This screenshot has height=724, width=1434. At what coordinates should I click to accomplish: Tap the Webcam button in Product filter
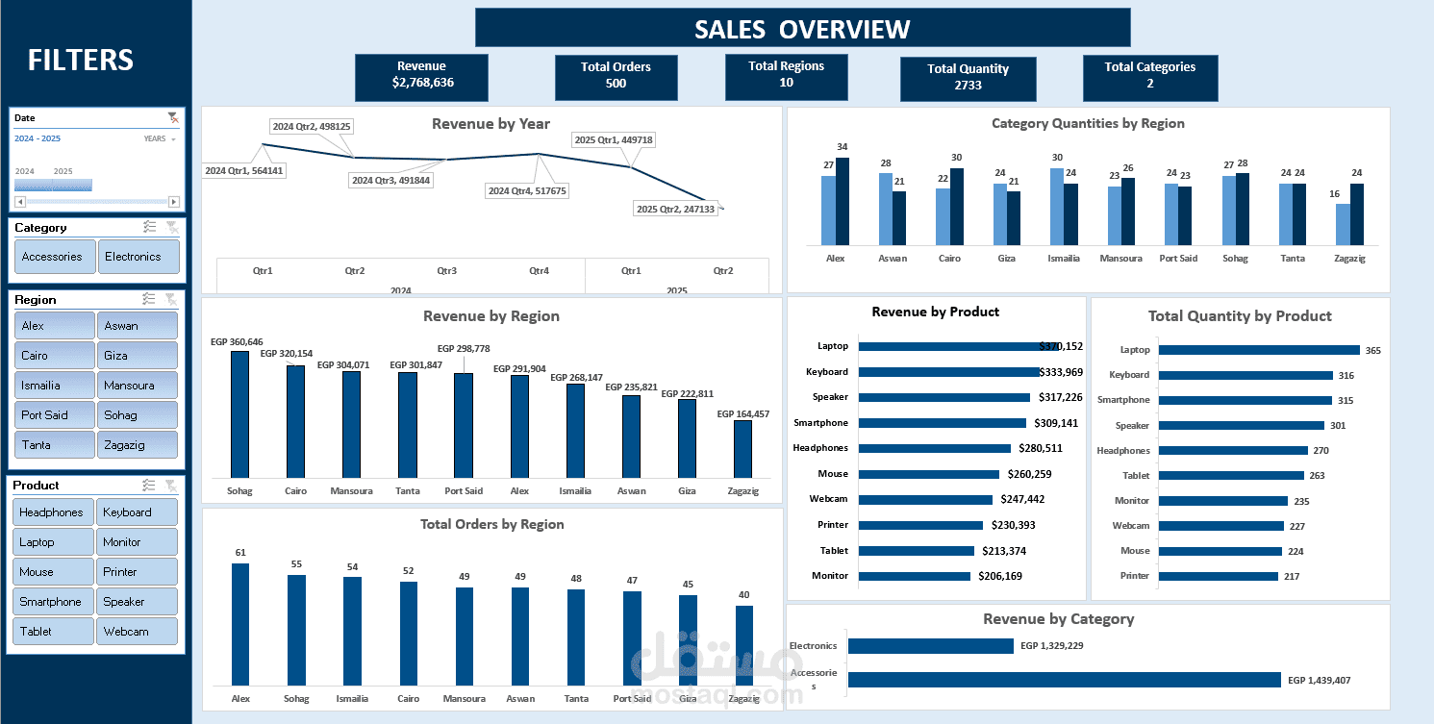137,632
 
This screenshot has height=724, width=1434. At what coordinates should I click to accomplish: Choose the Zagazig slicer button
137,445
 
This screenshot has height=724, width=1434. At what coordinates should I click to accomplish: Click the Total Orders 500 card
616,76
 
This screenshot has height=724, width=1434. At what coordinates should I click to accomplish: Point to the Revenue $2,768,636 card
421,76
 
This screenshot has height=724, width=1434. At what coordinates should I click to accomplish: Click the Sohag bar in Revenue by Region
239,414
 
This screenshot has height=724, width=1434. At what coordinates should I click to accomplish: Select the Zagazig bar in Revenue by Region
742,448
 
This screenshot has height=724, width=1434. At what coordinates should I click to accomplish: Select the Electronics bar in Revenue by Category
930,646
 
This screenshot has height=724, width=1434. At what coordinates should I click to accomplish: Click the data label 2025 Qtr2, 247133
675,209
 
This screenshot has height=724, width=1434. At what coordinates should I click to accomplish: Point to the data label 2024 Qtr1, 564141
244,170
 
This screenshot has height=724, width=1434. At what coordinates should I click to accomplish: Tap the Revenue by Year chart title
491,124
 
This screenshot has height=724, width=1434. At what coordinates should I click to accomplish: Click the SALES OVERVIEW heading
802,29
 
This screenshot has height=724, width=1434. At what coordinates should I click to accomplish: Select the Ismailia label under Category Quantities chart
1064,259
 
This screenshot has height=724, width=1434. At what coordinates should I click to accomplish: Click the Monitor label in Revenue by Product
830,576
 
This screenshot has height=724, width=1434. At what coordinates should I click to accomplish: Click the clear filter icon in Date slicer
172,117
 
